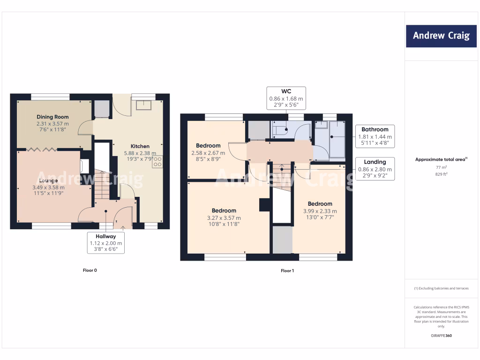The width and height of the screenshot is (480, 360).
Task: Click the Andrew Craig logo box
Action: pos(441,36)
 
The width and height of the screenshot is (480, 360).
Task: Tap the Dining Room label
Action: pos(52,117)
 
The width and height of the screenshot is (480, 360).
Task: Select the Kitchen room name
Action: pos(140,146)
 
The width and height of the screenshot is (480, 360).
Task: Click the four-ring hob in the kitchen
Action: pos(157,162)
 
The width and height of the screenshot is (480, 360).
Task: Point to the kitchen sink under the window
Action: pos(143,105)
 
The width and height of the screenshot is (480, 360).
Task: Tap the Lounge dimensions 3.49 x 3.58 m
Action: pos(48,187)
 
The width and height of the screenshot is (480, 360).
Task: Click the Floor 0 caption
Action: pos(89,270)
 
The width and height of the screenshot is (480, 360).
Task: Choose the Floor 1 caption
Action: pos(287,270)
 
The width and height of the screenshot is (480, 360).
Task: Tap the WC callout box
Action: pos(286,98)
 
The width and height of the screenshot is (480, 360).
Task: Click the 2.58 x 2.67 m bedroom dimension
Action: pos(208,153)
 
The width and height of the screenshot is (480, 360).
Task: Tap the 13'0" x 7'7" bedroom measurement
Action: pos(320,217)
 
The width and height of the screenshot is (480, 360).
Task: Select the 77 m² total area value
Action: pos(441,167)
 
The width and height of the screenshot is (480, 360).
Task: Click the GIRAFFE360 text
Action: pos(441,336)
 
